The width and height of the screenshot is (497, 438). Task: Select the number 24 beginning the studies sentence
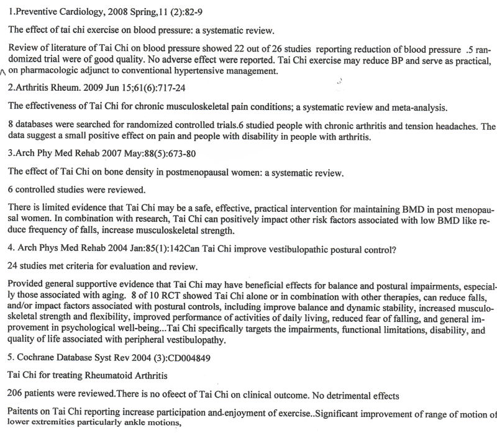pyautogui.click(x=12, y=268)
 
